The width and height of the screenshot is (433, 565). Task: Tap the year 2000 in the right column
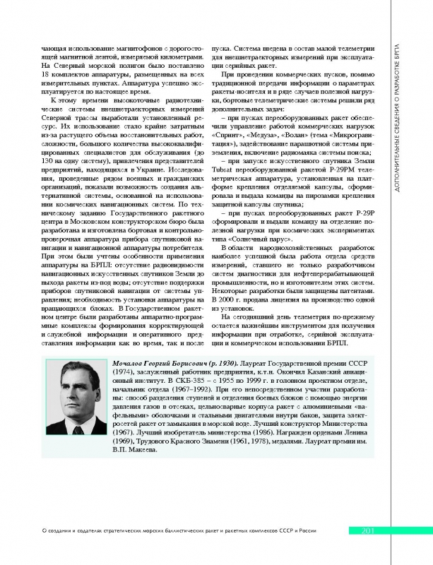[x=230, y=299]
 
